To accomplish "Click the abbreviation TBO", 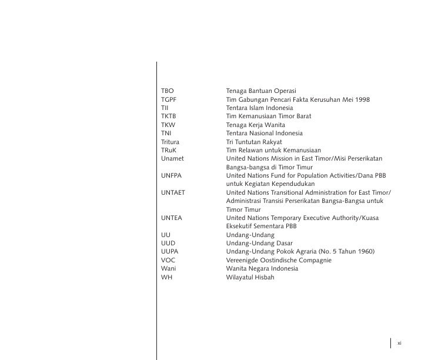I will tap(168, 91).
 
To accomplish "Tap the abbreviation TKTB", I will tap(169, 116).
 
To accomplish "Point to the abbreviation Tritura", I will tap(170, 142).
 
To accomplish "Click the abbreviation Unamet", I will tap(172, 159).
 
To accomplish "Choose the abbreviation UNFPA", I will tap(172, 175).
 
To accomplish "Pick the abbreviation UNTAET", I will tap(174, 192).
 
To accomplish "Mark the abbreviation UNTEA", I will tap(172, 218).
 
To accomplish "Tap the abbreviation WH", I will tap(166, 277).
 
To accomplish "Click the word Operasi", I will tap(282, 91).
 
